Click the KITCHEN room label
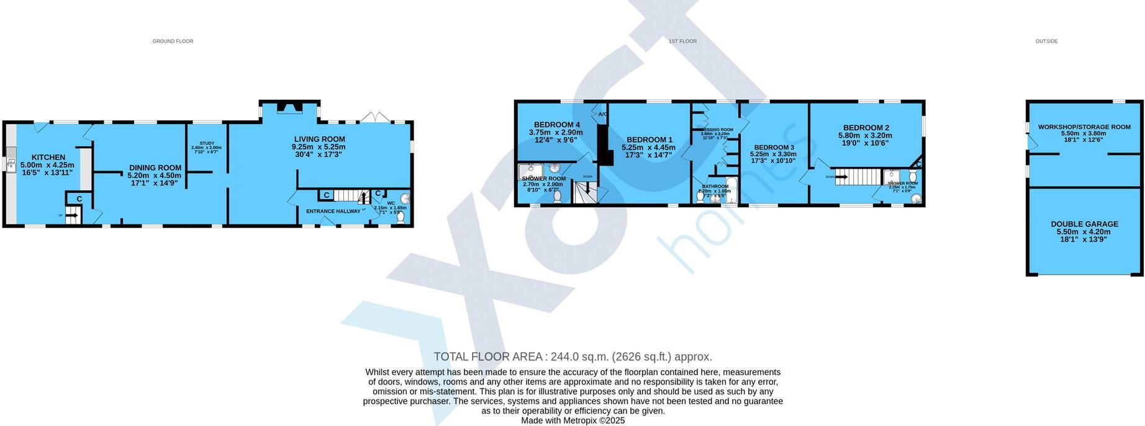48,158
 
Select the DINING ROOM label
155,167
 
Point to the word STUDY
207,143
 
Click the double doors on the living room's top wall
376,117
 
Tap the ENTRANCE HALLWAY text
333,211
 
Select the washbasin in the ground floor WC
405,199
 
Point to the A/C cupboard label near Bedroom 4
602,114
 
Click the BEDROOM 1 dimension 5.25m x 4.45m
649,148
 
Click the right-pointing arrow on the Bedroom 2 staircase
842,177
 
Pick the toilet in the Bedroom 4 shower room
557,197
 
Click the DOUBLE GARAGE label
1084,224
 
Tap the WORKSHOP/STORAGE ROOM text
1084,127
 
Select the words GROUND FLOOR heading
173,42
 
